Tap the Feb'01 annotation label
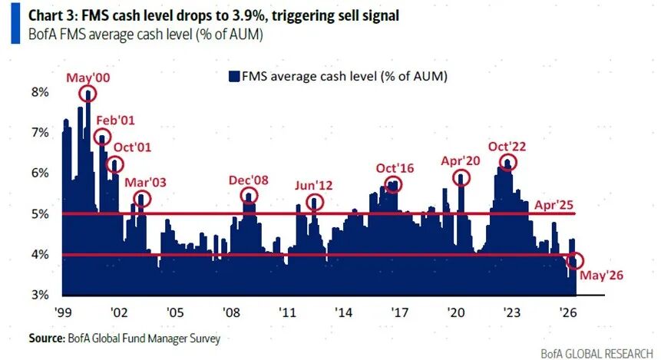tap(115, 121)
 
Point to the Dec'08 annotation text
tap(248, 180)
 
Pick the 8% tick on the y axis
tap(40, 92)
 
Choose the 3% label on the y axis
tap(40, 294)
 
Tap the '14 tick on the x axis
tap(343, 312)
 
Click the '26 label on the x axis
tap(567, 312)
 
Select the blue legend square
tap(234, 76)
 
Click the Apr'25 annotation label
tap(554, 205)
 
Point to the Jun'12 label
tap(313, 186)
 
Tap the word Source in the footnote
tap(46, 338)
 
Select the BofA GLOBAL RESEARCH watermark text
tap(597, 353)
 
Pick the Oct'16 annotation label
tap(395, 168)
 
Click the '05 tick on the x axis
tap(175, 312)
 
